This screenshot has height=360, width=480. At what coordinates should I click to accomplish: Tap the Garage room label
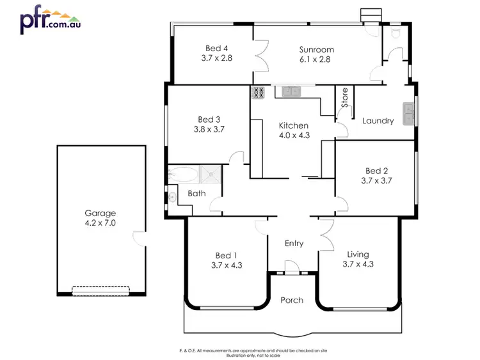click(x=100, y=213)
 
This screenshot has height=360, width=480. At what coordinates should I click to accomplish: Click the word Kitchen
click(x=294, y=125)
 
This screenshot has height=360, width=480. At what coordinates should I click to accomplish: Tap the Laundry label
click(x=378, y=121)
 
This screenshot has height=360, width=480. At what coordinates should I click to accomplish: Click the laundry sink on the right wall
click(x=409, y=114)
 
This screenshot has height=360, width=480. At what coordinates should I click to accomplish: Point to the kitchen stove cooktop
click(x=258, y=93)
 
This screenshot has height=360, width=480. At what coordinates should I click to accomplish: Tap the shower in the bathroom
click(x=210, y=175)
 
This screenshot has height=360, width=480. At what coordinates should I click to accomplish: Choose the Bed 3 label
click(x=209, y=119)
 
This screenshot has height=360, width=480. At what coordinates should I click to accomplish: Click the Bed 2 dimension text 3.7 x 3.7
click(x=376, y=180)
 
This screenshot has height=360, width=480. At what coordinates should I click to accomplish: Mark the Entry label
click(x=294, y=243)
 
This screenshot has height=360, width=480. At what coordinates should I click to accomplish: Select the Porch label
click(x=292, y=300)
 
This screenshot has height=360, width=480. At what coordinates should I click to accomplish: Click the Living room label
click(x=358, y=253)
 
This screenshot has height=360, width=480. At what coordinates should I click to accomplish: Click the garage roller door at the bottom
click(x=100, y=290)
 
